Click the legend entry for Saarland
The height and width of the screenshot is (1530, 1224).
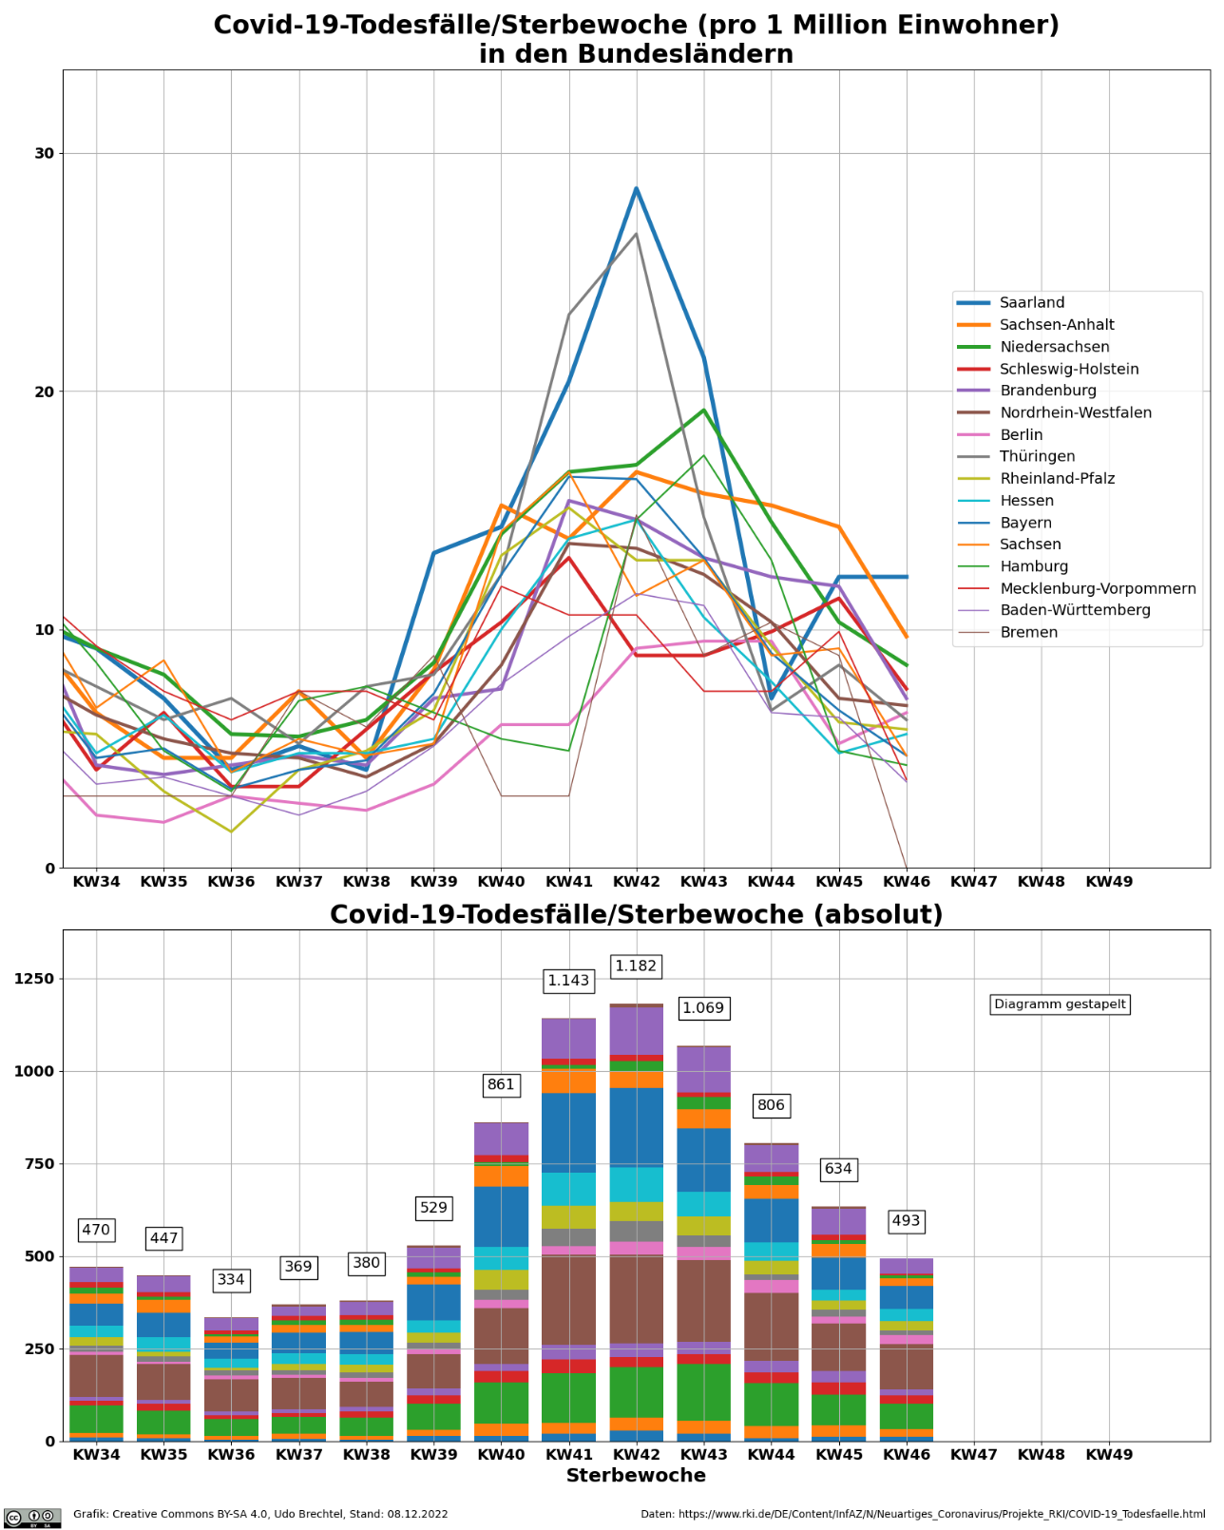pyautogui.click(x=1031, y=303)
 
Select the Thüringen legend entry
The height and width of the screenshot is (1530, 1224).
pyautogui.click(x=1037, y=457)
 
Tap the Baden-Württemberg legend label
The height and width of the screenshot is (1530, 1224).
pyautogui.click(x=1075, y=610)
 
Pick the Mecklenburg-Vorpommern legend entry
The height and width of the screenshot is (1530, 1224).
pyautogui.click(x=1098, y=588)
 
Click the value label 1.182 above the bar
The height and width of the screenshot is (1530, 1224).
pyautogui.click(x=636, y=966)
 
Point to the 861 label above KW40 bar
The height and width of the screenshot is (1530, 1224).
pyautogui.click(x=501, y=1085)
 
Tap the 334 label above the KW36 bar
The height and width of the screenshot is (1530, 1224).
pyautogui.click(x=231, y=1280)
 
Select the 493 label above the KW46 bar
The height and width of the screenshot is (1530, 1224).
pyautogui.click(x=906, y=1221)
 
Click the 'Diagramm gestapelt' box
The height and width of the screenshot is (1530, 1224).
pyautogui.click(x=1060, y=1004)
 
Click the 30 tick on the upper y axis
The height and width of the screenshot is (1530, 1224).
pyautogui.click(x=45, y=154)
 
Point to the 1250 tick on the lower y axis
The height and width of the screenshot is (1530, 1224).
pyautogui.click(x=34, y=980)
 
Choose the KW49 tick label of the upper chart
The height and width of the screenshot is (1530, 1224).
pyautogui.click(x=1109, y=882)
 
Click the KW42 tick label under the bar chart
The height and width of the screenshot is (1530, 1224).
pyautogui.click(x=636, y=1454)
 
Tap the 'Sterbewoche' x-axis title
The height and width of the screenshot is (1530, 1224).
pyautogui.click(x=636, y=1476)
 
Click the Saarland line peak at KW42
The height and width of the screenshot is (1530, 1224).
pyautogui.click(x=636, y=188)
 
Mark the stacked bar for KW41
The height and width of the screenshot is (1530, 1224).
pyautogui.click(x=568, y=1235)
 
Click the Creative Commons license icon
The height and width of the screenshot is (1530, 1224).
pyautogui.click(x=32, y=1518)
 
